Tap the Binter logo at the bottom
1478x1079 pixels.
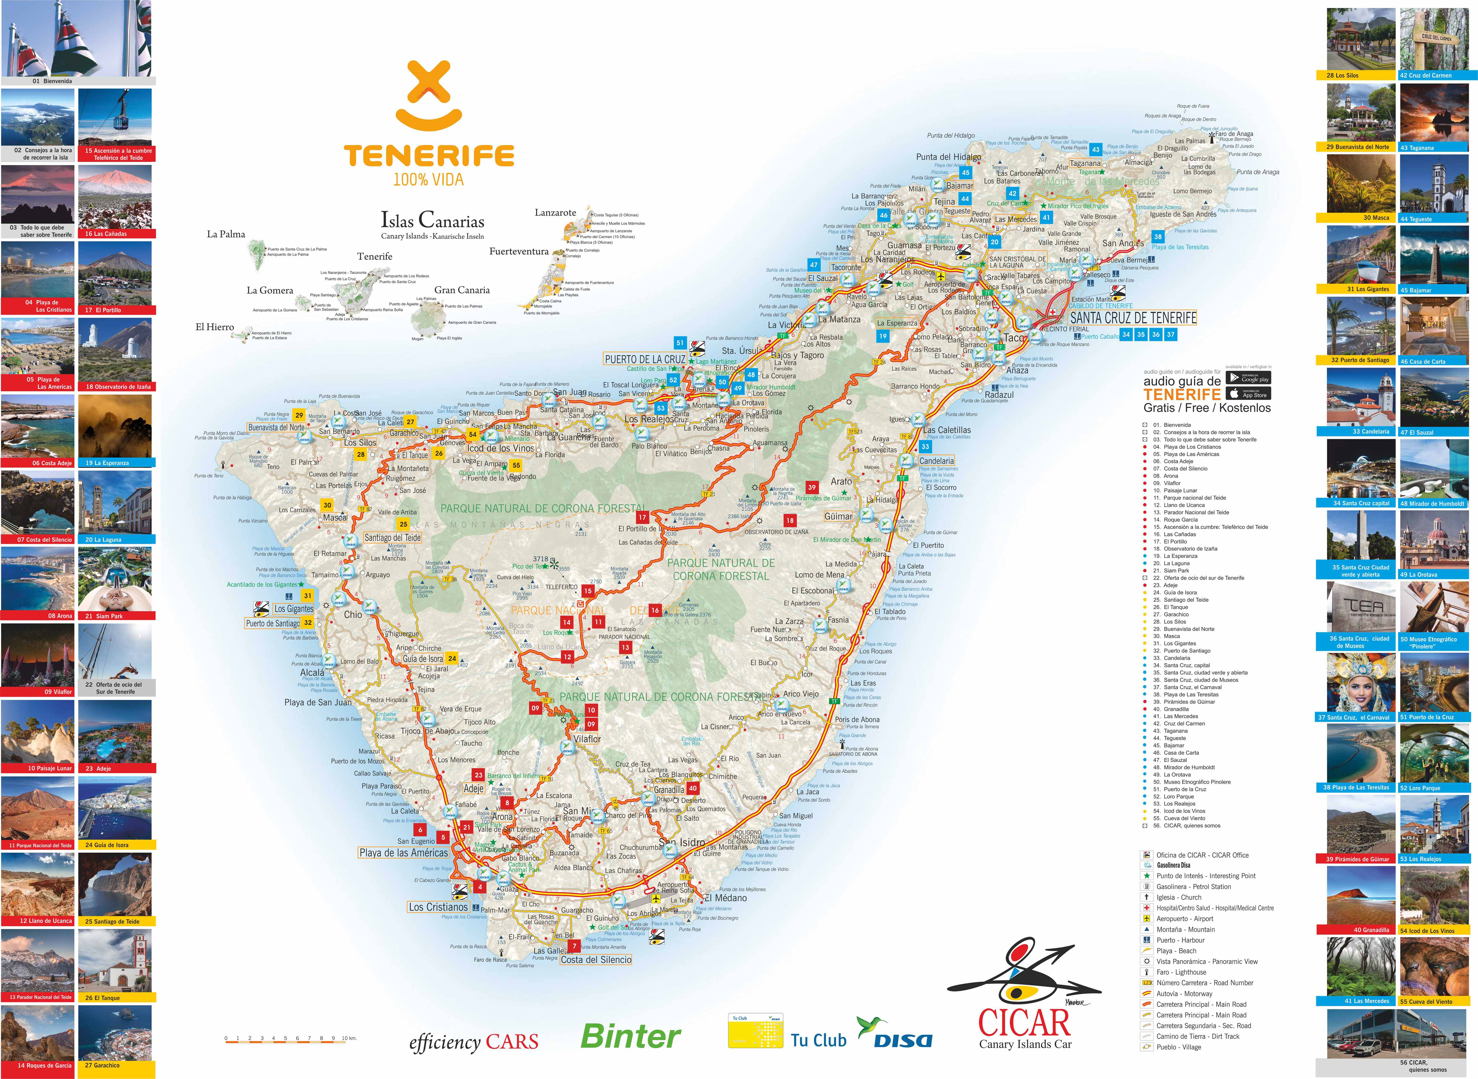click(630, 1036)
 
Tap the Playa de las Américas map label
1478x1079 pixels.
click(403, 853)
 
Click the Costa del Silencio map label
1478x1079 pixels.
click(596, 960)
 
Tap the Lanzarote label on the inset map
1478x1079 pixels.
click(555, 213)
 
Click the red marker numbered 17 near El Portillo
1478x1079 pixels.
click(642, 517)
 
